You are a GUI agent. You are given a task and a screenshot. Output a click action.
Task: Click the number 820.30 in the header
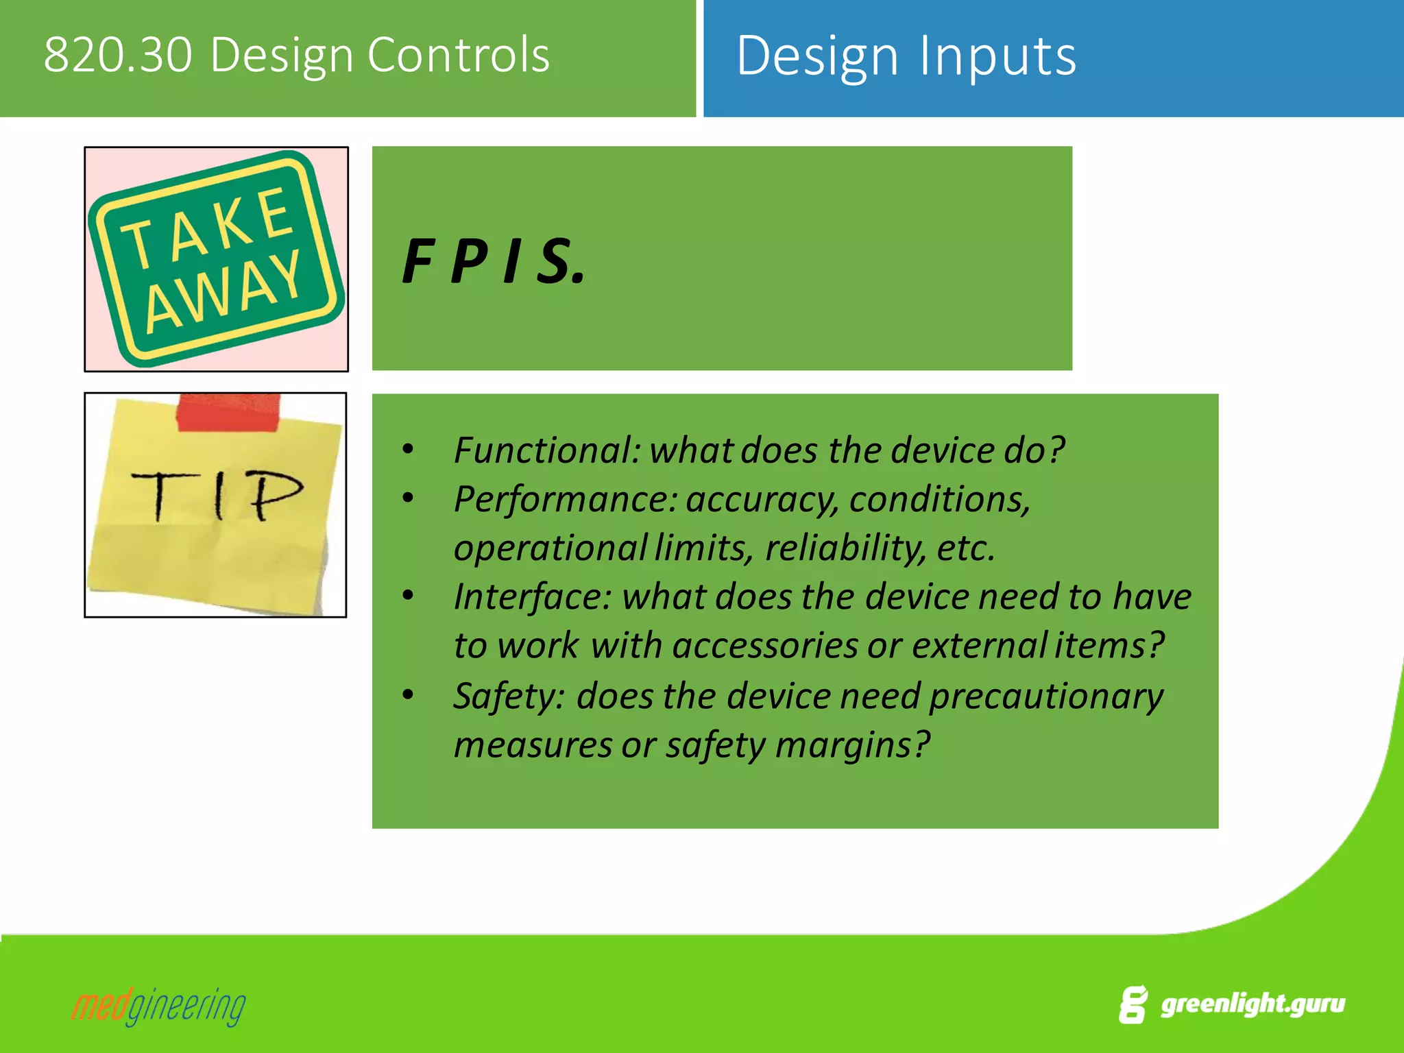117,55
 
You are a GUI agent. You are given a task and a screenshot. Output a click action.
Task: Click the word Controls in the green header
459,55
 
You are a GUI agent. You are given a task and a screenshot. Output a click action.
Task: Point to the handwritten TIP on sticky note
217,495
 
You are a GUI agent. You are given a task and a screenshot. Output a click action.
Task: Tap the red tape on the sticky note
228,412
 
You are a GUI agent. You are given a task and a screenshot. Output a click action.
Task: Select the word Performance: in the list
565,499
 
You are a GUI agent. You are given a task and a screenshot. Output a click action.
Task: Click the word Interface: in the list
531,596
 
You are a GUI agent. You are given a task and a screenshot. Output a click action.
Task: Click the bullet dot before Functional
408,450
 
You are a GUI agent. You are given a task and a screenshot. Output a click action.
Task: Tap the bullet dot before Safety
408,695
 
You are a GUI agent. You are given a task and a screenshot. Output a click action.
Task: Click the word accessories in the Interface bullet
764,646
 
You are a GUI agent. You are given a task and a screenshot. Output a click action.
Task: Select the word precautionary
1046,697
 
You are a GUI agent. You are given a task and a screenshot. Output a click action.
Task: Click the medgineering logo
158,1006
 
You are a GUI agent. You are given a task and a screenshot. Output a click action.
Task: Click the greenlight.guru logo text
1252,1004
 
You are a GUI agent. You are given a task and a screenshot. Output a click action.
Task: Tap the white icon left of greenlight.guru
1133,1005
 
